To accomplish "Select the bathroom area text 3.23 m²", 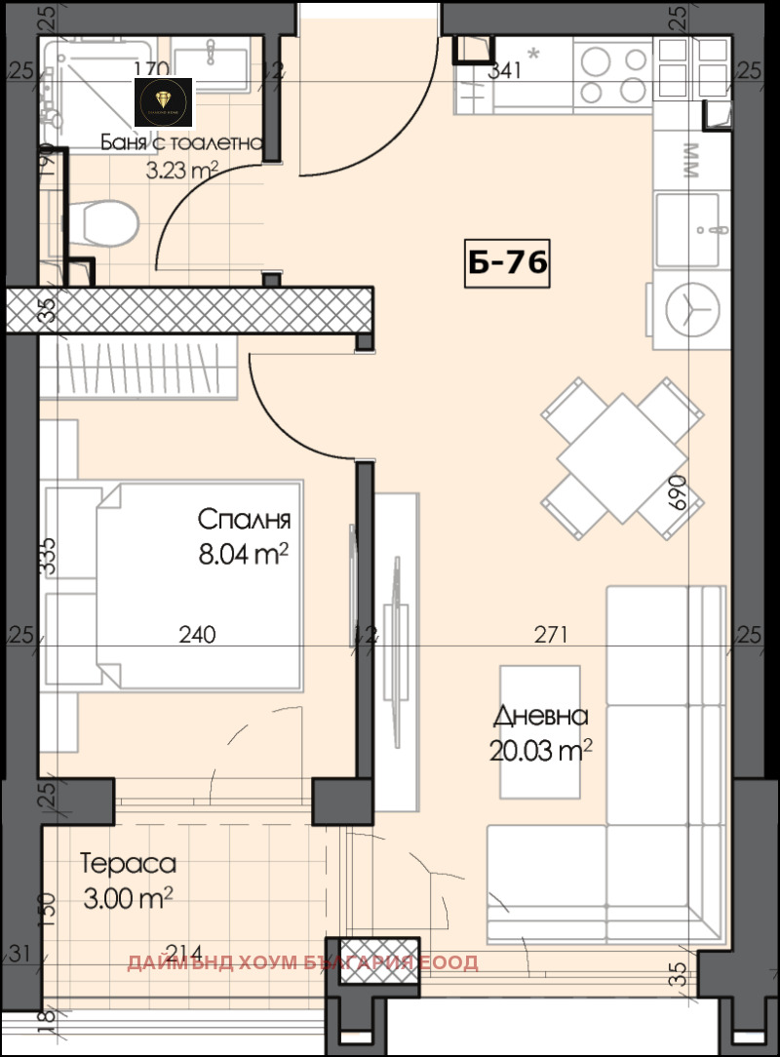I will click(181, 172).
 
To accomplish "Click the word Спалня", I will click(244, 518).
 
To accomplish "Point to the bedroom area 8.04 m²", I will click(244, 555).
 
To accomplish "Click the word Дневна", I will click(541, 716).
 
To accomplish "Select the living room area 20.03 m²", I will click(541, 750).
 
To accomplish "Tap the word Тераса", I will click(128, 864).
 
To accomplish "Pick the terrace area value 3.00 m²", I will click(128, 897).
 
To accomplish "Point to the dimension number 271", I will click(551, 636).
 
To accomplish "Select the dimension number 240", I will click(198, 636).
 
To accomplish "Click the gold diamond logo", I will click(163, 100).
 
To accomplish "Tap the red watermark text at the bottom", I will click(302, 963).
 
